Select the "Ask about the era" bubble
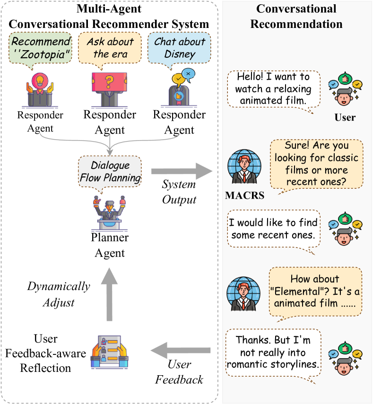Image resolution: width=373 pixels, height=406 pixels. (110, 48)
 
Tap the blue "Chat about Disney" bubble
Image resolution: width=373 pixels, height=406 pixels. (180, 48)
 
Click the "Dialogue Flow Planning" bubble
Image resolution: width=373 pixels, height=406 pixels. (110, 172)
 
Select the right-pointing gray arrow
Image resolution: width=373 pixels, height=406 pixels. (182, 171)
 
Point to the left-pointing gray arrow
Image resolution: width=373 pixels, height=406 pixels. (180, 350)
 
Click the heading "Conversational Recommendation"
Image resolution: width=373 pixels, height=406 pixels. (296, 16)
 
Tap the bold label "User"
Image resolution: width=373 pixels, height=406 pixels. (345, 117)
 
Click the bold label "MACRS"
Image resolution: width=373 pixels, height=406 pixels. (244, 195)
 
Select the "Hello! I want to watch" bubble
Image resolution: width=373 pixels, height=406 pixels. (273, 88)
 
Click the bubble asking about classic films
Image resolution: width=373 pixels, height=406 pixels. (316, 164)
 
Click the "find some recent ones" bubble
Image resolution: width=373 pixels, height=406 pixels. (273, 229)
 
